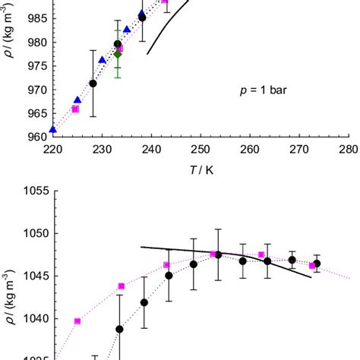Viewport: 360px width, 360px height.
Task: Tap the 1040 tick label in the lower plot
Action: click(x=33, y=318)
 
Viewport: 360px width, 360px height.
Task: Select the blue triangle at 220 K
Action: click(x=52, y=129)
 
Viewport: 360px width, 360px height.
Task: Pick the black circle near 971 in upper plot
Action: click(x=93, y=84)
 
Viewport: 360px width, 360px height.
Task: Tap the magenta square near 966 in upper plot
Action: click(x=75, y=109)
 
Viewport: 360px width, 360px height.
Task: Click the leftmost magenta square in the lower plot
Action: click(x=77, y=321)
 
